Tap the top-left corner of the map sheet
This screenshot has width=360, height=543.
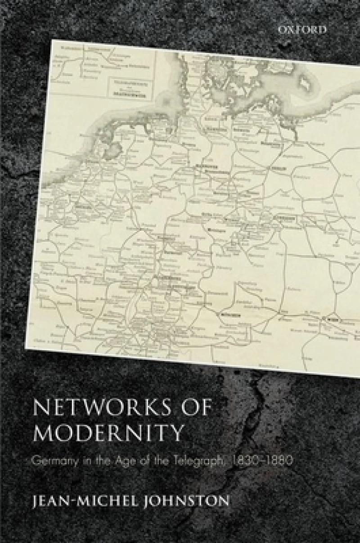pyautogui.click(x=52, y=40)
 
